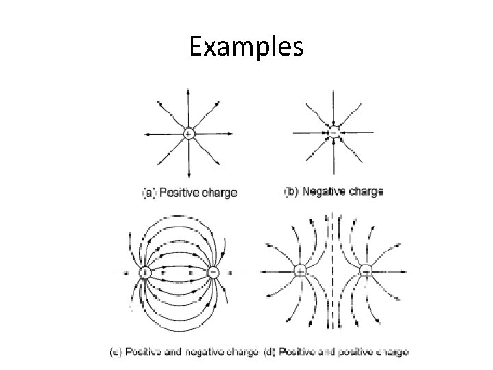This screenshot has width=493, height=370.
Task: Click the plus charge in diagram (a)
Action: point(189,133)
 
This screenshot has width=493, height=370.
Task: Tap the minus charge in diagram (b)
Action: point(333,133)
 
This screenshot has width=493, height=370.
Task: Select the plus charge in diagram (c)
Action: point(145,272)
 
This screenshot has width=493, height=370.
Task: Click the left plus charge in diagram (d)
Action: point(300,272)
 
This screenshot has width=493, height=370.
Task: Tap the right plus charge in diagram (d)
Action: point(366,272)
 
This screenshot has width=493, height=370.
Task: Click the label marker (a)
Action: point(149,193)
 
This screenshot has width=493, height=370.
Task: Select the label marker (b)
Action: point(291,192)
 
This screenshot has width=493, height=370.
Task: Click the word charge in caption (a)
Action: point(220,193)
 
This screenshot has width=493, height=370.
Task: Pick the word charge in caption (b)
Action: point(366,192)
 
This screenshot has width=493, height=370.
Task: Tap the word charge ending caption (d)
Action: point(392,353)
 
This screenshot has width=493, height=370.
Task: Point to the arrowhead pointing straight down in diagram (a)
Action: point(189,175)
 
